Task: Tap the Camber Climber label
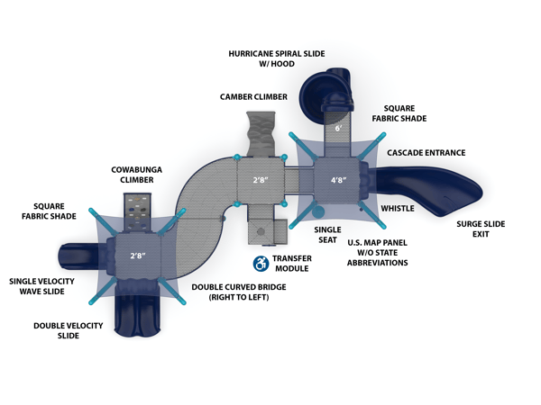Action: pyautogui.click(x=253, y=96)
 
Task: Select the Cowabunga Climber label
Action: pyautogui.click(x=133, y=174)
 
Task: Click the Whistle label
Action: pyautogui.click(x=398, y=208)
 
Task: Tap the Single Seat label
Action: pyautogui.click(x=327, y=234)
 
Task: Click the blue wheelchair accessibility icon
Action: pyautogui.click(x=261, y=263)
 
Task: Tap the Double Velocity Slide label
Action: pyautogui.click(x=69, y=330)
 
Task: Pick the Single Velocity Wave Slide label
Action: pyautogui.click(x=42, y=286)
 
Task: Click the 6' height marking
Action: pyautogui.click(x=338, y=128)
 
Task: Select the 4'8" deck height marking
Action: pyautogui.click(x=338, y=180)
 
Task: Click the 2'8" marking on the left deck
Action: pyautogui.click(x=137, y=256)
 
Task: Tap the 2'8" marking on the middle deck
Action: pyautogui.click(x=260, y=180)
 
